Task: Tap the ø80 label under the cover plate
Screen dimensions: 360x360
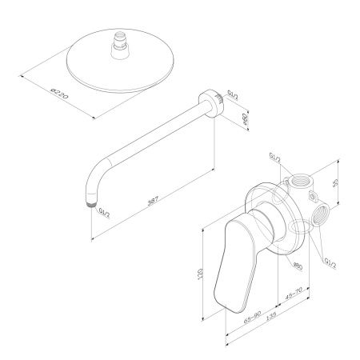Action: pyautogui.click(x=296, y=264)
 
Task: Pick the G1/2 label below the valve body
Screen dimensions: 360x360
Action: pyautogui.click(x=330, y=261)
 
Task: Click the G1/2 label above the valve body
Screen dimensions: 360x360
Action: pyautogui.click(x=275, y=158)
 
